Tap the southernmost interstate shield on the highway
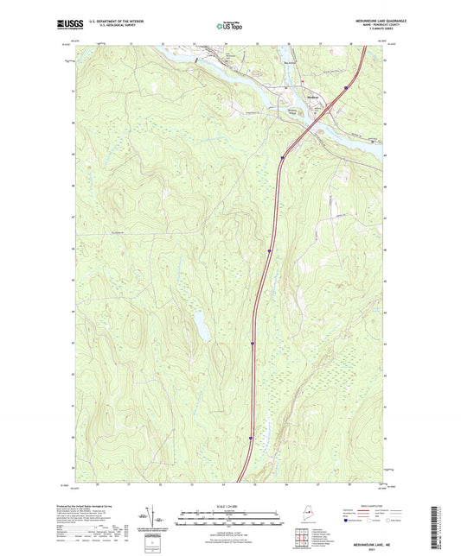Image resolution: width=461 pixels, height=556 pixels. point(251,438)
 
